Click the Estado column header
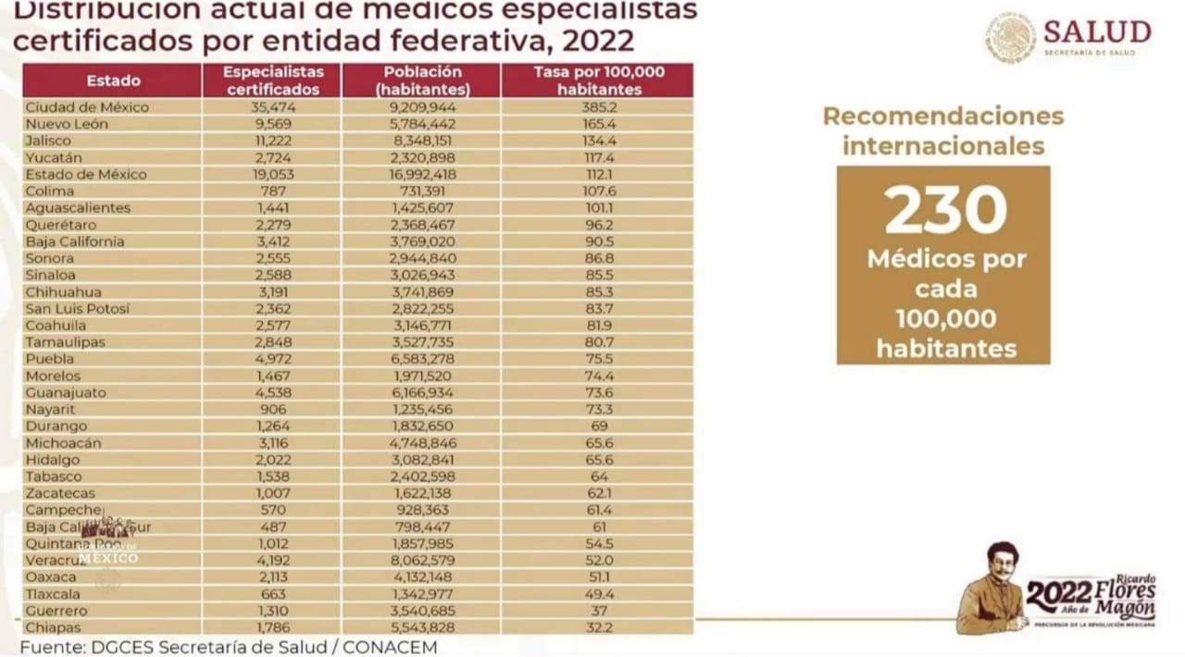pyautogui.click(x=113, y=81)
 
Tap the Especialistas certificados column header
pyautogui.click(x=273, y=81)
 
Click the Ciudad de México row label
pyautogui.click(x=87, y=107)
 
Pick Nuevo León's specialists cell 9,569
pyautogui.click(x=273, y=124)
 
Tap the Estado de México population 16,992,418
pyautogui.click(x=421, y=174)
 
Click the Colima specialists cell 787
pyautogui.click(x=273, y=191)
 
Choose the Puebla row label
pyautogui.click(x=50, y=359)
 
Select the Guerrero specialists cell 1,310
pyautogui.click(x=273, y=611)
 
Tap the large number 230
pyautogui.click(x=944, y=210)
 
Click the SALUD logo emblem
pyautogui.click(x=1010, y=38)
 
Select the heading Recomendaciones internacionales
pyautogui.click(x=943, y=131)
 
